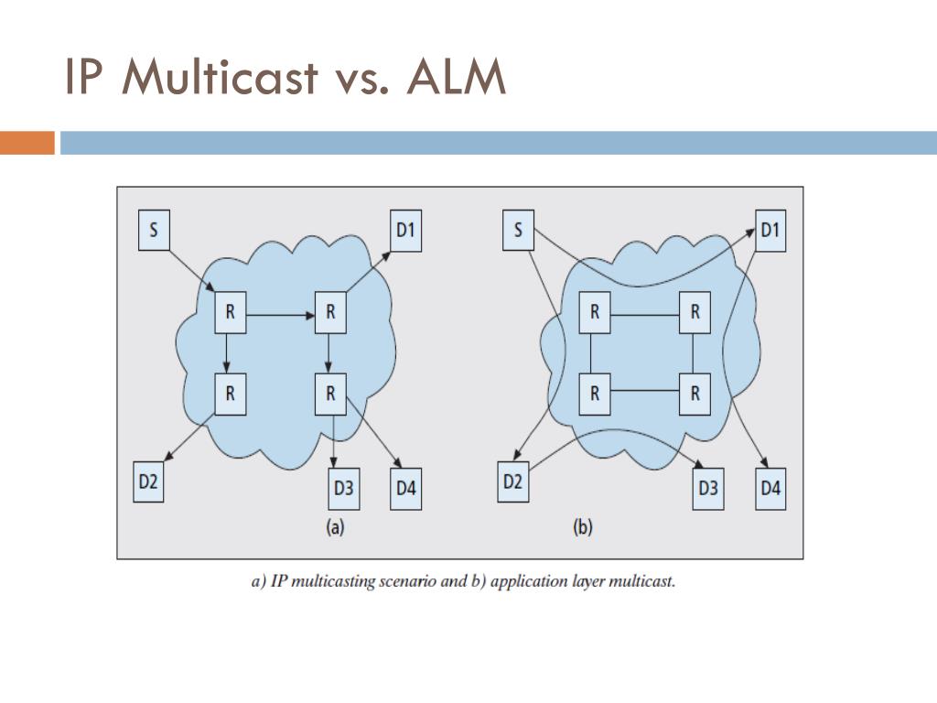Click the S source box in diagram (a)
point(153,230)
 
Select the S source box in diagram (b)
point(518,230)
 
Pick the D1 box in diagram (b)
point(770,230)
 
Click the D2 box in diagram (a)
point(149,482)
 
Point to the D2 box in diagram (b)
point(512,481)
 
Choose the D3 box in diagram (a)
point(343,489)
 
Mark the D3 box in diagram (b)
point(708,489)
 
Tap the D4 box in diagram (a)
point(406,489)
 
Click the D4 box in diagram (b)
point(770,489)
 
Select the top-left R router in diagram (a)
point(230,313)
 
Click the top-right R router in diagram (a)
point(330,313)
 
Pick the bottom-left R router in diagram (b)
point(595,394)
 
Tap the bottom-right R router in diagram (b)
point(695,394)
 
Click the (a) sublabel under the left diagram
point(335,528)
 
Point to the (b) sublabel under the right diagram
point(583,528)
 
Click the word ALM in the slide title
point(457,80)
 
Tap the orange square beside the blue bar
point(27,143)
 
